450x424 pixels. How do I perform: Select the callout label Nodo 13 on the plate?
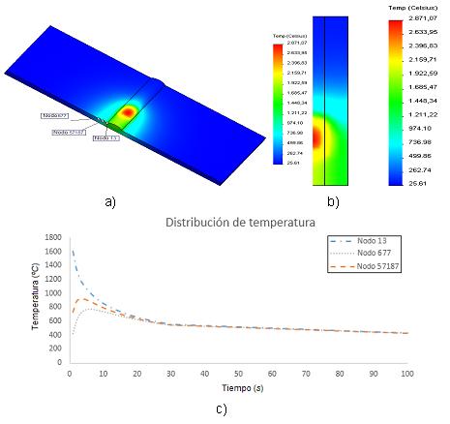click(x=105, y=138)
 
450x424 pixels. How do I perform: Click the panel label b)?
click(x=332, y=202)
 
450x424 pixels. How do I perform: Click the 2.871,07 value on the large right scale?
click(x=428, y=18)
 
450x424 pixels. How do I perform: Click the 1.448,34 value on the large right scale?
click(x=428, y=101)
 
